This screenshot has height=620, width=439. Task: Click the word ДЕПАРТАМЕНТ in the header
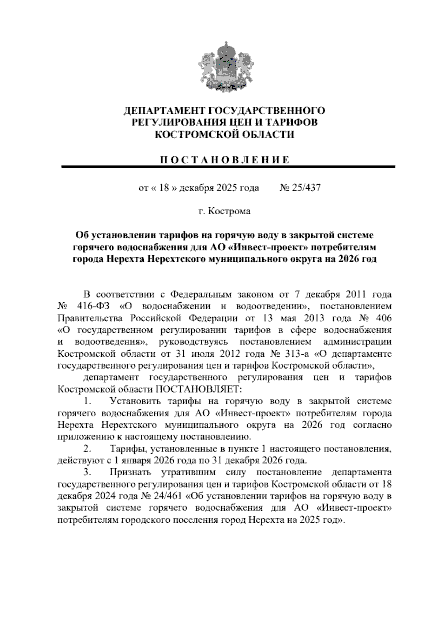(160, 110)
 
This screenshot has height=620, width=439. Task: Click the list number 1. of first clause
(87, 401)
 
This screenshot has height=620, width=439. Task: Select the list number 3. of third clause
(87, 472)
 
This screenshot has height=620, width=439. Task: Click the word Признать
(130, 472)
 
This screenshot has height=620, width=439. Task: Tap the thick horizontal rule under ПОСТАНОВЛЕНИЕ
(228, 167)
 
